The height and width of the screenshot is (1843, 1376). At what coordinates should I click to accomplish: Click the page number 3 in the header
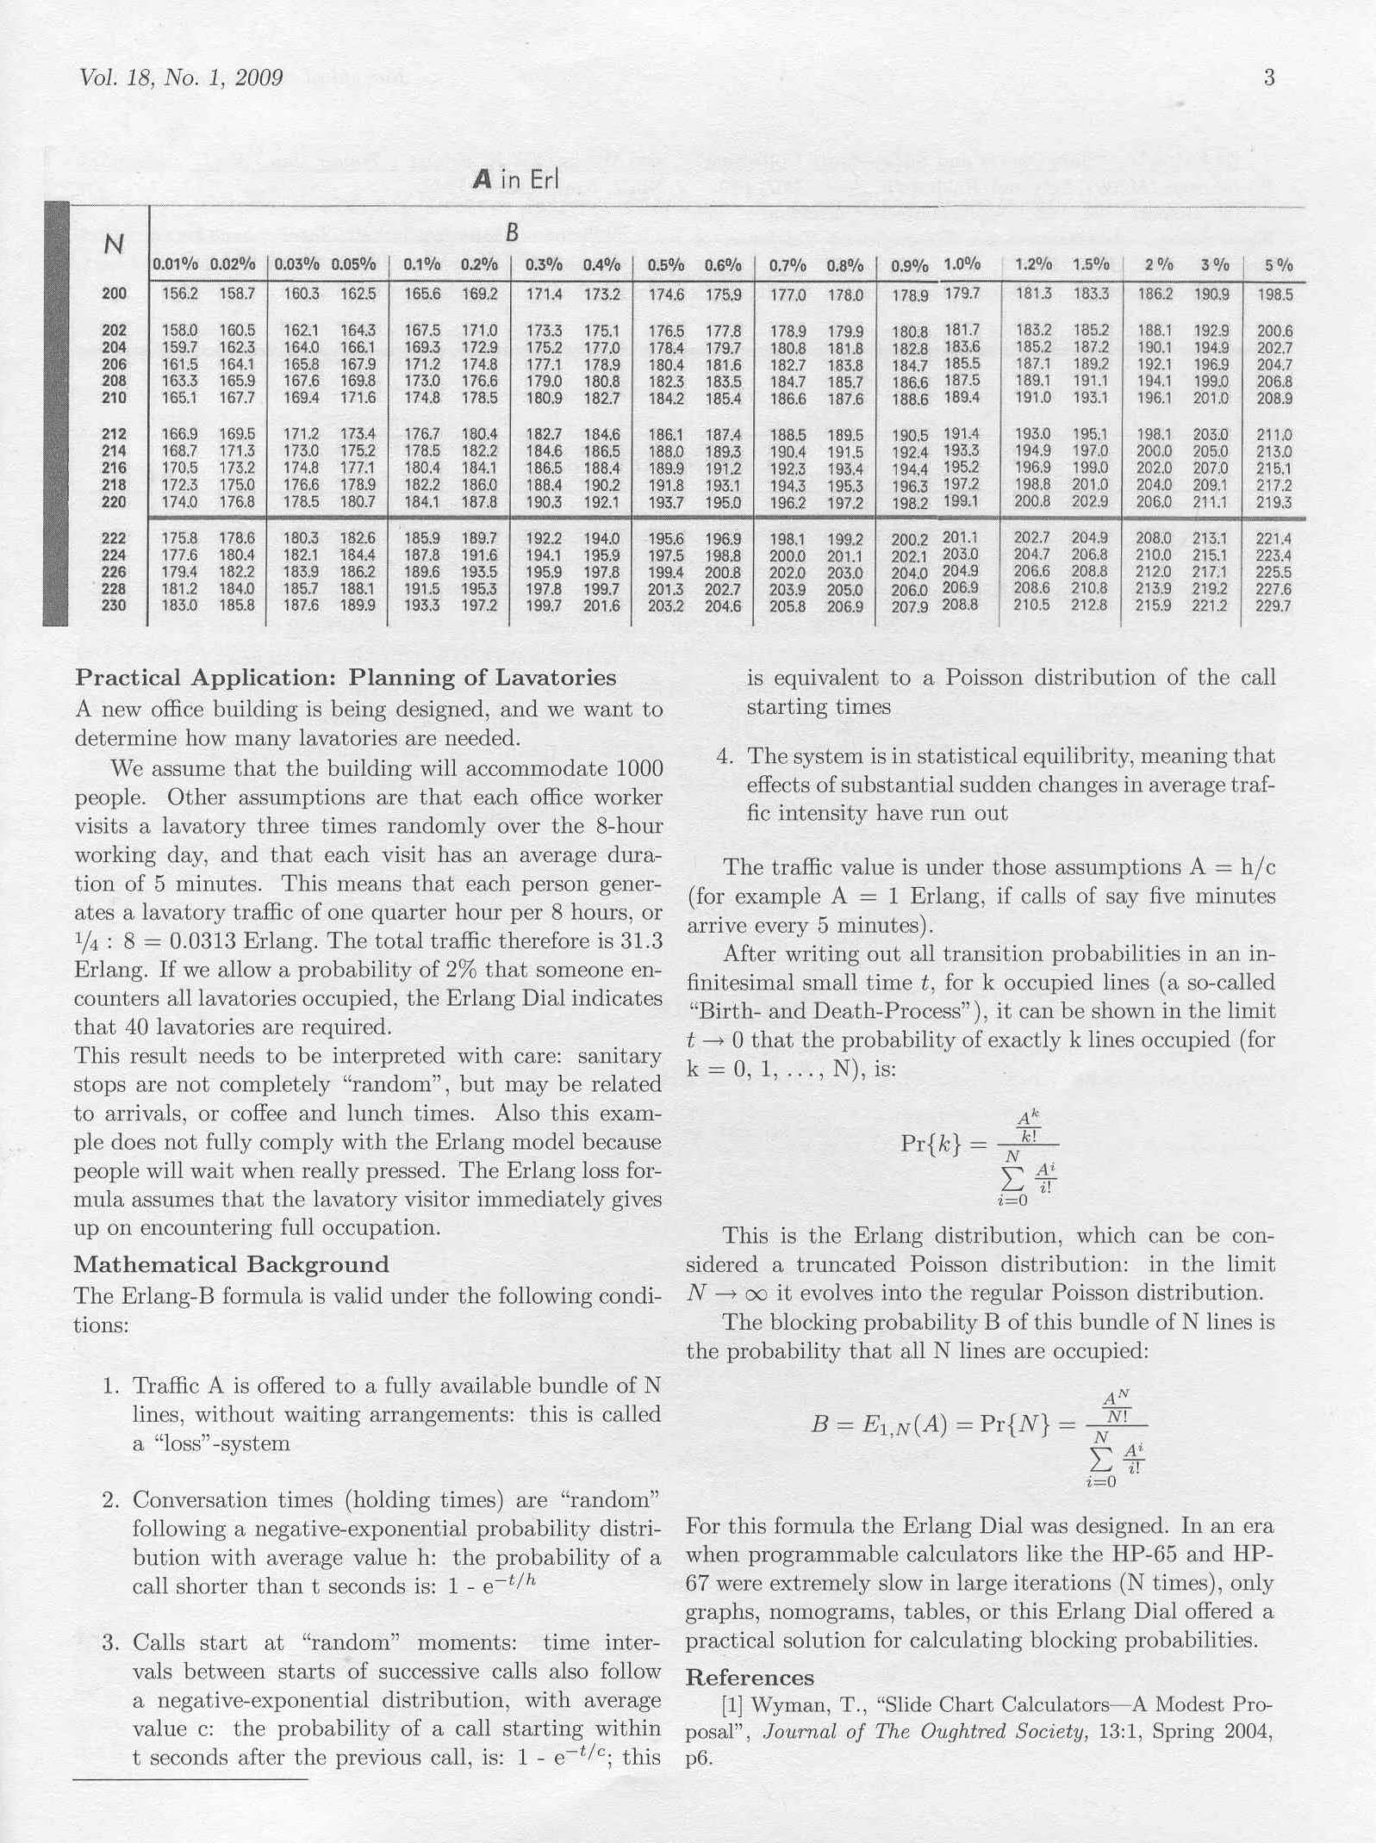tap(1268, 78)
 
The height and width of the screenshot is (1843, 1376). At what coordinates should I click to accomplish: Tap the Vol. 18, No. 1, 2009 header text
tap(181, 78)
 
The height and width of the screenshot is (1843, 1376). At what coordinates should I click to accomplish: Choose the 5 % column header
tap(1279, 265)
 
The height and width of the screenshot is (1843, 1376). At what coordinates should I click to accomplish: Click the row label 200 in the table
tap(114, 294)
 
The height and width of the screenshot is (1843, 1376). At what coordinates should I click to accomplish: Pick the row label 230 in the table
tap(114, 605)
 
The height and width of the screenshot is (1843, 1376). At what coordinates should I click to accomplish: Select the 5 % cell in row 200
tap(1275, 295)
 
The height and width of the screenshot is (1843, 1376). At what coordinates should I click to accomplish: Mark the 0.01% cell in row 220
tap(179, 501)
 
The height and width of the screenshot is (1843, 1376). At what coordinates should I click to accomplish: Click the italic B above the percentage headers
tap(512, 233)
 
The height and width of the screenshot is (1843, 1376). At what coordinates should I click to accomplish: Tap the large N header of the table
tap(113, 245)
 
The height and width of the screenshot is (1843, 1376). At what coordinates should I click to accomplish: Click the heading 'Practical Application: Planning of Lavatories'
tap(346, 678)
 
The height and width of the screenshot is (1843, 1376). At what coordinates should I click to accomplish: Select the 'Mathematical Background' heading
tap(231, 1264)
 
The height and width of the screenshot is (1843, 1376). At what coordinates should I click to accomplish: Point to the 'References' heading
tap(750, 1678)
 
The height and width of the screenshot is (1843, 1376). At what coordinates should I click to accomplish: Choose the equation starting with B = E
tap(979, 1435)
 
